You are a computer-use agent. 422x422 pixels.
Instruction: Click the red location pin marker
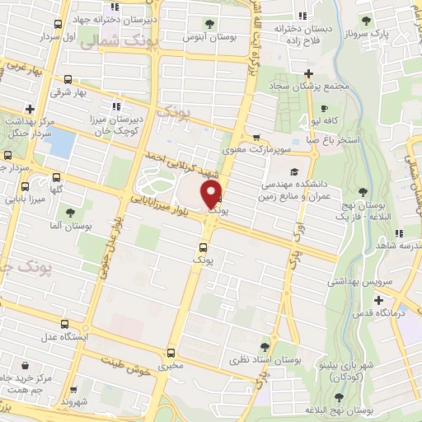213,195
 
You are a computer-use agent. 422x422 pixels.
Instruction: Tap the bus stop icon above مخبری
171,350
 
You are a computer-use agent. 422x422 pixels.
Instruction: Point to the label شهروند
74,401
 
